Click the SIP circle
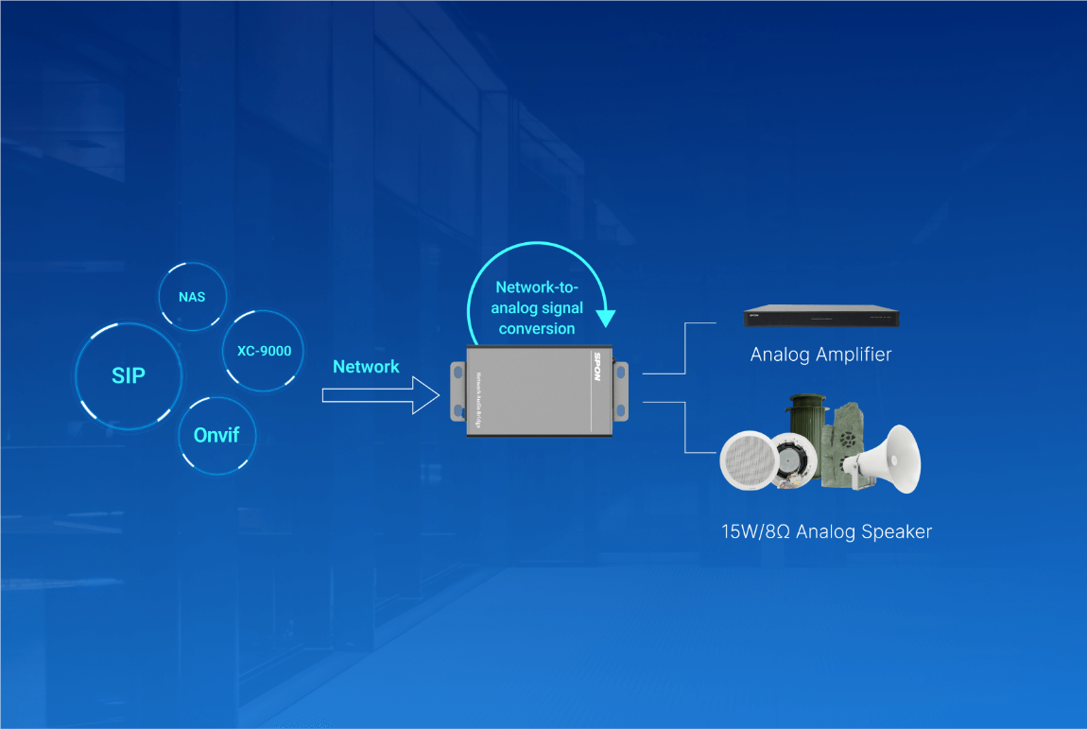coord(129,375)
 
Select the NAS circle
coord(192,297)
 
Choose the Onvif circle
coord(216,436)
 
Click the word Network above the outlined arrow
coord(366,367)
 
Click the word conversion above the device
coord(537,329)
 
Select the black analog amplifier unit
coord(820,317)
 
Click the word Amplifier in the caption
coord(847,356)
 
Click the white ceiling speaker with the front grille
coord(748,460)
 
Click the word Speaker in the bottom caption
coord(896,531)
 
